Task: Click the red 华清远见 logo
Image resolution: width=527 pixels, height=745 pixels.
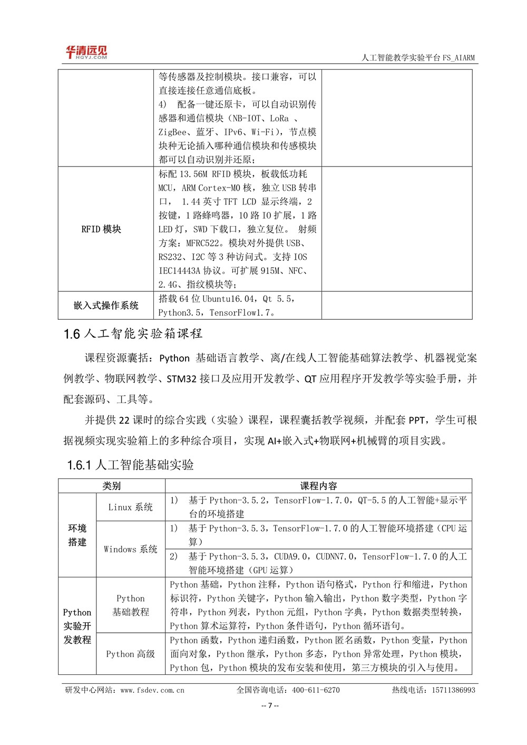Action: [x=86, y=52]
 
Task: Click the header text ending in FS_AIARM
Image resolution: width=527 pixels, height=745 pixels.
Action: [x=418, y=58]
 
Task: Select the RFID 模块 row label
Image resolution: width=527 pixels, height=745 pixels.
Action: [x=101, y=229]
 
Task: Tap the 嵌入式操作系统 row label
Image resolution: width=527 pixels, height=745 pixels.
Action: [x=106, y=306]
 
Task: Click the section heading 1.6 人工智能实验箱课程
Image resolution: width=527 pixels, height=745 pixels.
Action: [x=133, y=334]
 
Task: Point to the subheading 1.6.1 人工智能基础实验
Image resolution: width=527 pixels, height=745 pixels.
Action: [x=130, y=465]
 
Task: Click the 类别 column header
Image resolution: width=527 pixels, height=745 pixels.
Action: [x=111, y=486]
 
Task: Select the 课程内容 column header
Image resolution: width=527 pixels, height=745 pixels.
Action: [x=318, y=486]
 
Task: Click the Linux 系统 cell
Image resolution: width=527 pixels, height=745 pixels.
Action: [x=130, y=507]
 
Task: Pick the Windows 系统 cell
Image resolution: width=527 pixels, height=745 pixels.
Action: [x=130, y=549]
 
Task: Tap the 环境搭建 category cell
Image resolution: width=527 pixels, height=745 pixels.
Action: [x=77, y=535]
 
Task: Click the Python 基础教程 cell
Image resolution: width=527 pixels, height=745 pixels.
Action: [x=130, y=605]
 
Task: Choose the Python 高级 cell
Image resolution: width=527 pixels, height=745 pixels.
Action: [x=130, y=654]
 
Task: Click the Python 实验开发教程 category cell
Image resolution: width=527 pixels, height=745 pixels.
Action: [x=77, y=626]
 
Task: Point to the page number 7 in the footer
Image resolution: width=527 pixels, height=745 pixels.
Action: [x=270, y=706]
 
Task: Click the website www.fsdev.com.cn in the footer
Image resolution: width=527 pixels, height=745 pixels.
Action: [x=152, y=690]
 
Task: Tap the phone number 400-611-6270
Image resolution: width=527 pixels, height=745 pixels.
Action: [x=316, y=690]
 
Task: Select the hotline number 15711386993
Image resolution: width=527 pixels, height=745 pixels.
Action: [x=453, y=690]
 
